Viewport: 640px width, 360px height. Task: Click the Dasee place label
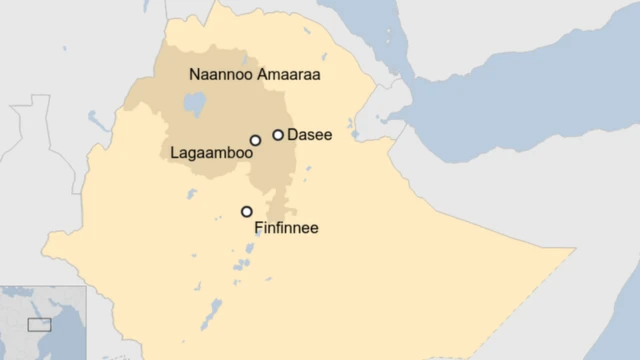pos(310,134)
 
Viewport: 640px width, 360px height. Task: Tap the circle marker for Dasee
pos(278,134)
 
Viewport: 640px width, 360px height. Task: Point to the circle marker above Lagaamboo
pos(255,140)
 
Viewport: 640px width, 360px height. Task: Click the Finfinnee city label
pos(286,229)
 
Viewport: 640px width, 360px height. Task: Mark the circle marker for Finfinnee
pos(246,211)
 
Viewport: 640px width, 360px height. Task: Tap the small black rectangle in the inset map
pos(39,324)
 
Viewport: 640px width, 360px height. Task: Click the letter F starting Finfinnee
pos(259,229)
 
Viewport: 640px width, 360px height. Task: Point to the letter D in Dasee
pos(292,134)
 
